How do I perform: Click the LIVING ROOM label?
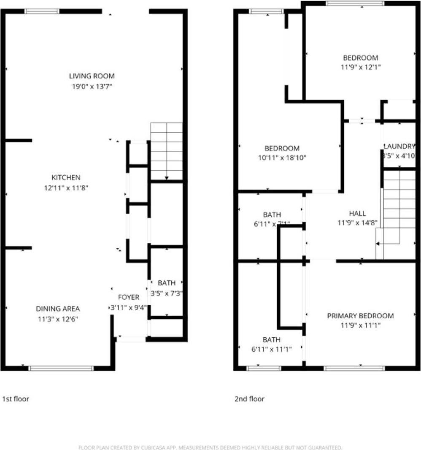click(x=92, y=76)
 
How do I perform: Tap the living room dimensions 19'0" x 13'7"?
click(x=92, y=87)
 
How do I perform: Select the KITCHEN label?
click(x=65, y=178)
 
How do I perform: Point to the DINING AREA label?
click(x=58, y=309)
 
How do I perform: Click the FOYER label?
click(x=128, y=298)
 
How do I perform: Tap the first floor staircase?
click(x=167, y=151)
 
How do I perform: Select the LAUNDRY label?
click(x=399, y=146)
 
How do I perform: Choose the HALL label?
click(x=357, y=214)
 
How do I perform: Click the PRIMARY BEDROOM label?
click(x=361, y=316)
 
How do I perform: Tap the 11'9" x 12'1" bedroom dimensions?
click(x=360, y=67)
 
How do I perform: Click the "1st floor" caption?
click(x=16, y=399)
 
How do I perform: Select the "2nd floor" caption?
click(x=249, y=399)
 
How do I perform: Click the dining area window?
click(x=61, y=368)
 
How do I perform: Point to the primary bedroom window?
click(x=354, y=368)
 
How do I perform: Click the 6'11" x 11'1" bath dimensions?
click(x=271, y=349)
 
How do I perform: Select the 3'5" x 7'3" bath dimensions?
click(x=167, y=293)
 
